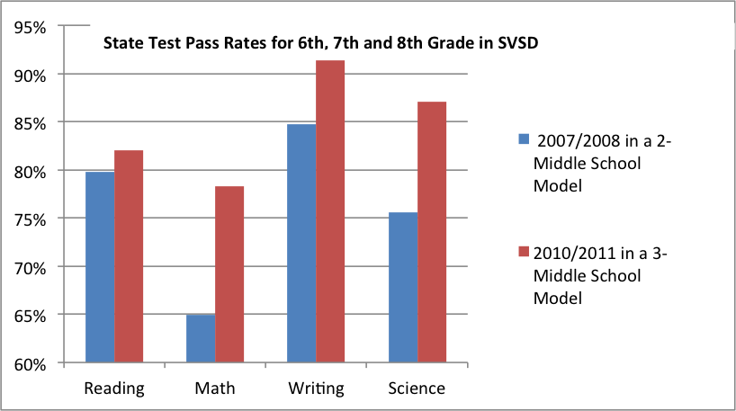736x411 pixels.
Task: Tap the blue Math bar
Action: coord(201,338)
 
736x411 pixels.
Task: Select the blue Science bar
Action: coord(402,287)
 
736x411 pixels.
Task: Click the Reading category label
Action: coord(114,389)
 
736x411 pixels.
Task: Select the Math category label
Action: coord(215,389)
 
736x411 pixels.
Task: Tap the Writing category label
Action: coord(316,389)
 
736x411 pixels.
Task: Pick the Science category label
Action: coord(417,389)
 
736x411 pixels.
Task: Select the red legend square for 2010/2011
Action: coord(523,254)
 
